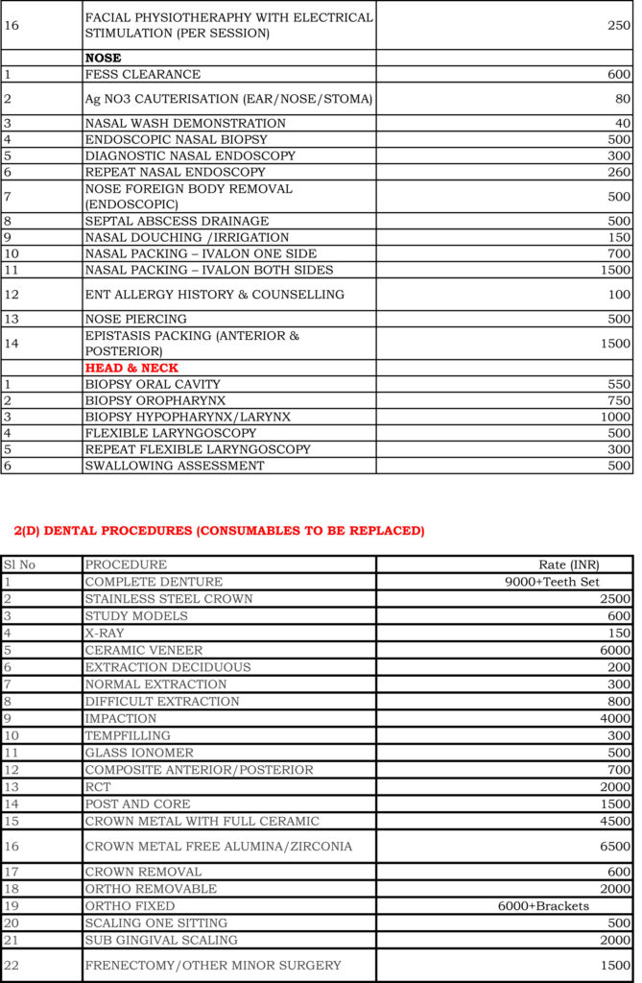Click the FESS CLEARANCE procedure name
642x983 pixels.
[143, 75]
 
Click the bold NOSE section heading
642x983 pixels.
[104, 59]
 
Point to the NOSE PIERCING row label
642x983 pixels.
[136, 319]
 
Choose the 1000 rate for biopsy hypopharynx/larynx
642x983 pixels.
[616, 417]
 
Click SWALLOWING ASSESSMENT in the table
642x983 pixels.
[175, 466]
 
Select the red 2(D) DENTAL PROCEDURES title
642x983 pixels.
[219, 531]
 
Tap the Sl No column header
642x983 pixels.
[20, 564]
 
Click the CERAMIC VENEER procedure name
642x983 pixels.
[144, 650]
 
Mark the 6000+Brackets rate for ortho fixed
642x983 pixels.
[543, 906]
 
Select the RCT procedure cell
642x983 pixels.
[98, 787]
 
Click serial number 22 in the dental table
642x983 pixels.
[12, 966]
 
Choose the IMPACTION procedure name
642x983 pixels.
[121, 718]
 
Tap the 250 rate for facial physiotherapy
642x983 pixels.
[619, 25]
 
